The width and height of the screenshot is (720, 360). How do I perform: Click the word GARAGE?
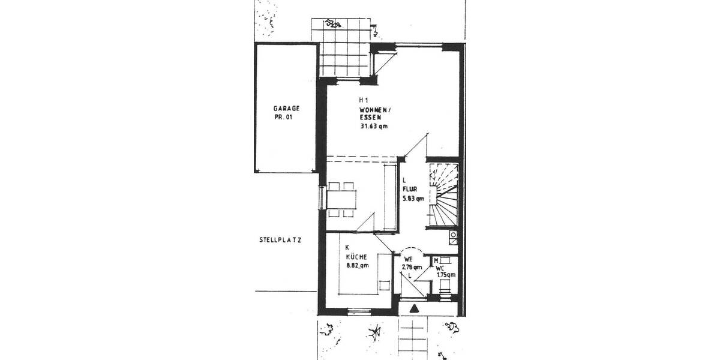point(286,109)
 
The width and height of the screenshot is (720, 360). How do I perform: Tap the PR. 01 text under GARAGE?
point(286,117)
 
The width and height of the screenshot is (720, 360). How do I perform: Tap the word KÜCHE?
point(356,256)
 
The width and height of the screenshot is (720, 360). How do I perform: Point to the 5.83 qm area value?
point(413,198)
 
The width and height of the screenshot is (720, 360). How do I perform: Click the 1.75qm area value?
point(446,275)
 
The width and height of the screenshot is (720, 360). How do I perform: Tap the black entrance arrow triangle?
point(413,309)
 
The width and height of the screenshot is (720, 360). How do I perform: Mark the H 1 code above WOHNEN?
point(364,100)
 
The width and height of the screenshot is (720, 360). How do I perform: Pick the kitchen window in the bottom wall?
point(359,311)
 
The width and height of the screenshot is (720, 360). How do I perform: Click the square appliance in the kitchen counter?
point(384,284)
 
